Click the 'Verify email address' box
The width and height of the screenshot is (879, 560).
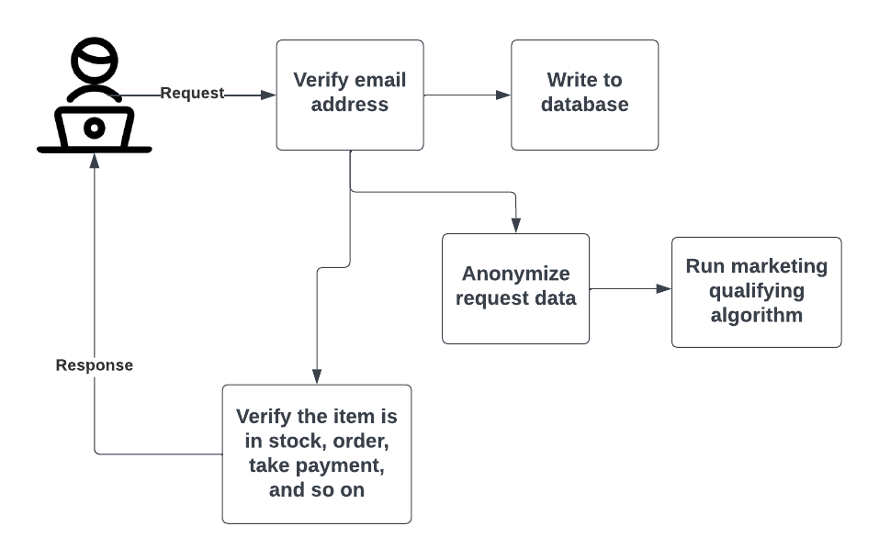[350, 95]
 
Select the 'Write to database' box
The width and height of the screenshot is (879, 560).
[584, 95]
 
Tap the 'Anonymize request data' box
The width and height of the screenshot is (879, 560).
[515, 288]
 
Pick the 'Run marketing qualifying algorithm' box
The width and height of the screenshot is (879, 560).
[756, 292]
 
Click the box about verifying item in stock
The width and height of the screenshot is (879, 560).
[317, 454]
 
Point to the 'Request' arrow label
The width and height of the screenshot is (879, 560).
[192, 94]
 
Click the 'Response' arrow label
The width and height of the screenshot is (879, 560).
[95, 365]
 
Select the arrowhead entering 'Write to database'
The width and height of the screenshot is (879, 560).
[503, 95]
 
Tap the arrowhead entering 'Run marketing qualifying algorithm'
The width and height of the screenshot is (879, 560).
[664, 288]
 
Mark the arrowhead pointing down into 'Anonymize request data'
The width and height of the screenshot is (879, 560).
[515, 226]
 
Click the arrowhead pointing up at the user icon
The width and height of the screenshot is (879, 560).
[95, 160]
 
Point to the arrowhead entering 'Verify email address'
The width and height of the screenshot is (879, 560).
[269, 95]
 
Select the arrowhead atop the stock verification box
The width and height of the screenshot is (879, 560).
[317, 376]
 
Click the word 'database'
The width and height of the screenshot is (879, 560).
[584, 105]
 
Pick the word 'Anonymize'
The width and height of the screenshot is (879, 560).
[515, 274]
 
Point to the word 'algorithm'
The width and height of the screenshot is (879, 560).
[756, 316]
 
